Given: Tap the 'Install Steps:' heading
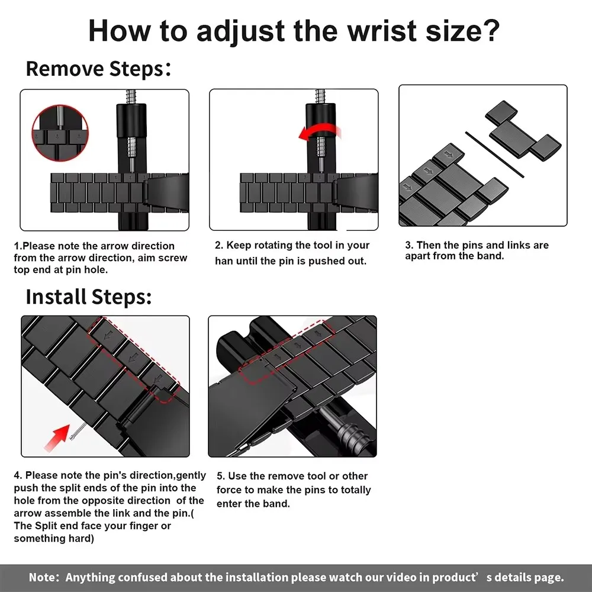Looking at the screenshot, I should (89, 297).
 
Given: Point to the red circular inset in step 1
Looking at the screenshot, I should (59, 130).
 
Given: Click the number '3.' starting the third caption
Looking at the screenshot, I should (409, 246).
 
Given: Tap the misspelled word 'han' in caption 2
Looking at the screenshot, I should (224, 261).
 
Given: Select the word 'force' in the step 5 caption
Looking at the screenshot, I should (231, 490).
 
